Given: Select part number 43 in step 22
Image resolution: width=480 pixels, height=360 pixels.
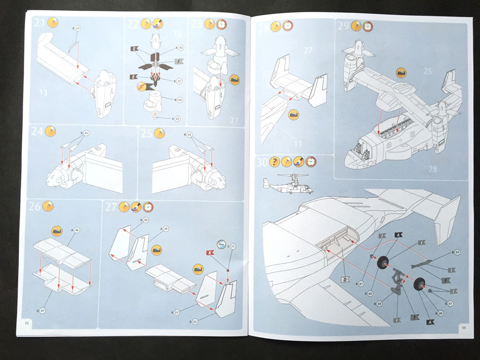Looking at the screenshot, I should (181, 48).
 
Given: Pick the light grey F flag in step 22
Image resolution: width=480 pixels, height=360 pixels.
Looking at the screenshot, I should (178, 62).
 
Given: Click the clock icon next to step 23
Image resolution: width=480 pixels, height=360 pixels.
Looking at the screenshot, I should (221, 24).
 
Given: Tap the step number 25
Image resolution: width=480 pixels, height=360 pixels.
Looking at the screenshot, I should (147, 133).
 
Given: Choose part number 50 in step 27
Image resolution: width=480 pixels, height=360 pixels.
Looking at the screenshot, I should (146, 220).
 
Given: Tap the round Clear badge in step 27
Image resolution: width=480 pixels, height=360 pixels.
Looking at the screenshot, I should (221, 244).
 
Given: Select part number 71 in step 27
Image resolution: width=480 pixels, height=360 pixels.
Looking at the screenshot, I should (234, 247).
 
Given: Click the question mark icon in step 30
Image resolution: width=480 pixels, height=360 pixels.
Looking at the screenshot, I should (274, 162).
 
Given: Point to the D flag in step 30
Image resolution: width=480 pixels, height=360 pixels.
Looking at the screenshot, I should (345, 279).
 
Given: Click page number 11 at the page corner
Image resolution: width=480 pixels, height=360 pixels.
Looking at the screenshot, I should (463, 328).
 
